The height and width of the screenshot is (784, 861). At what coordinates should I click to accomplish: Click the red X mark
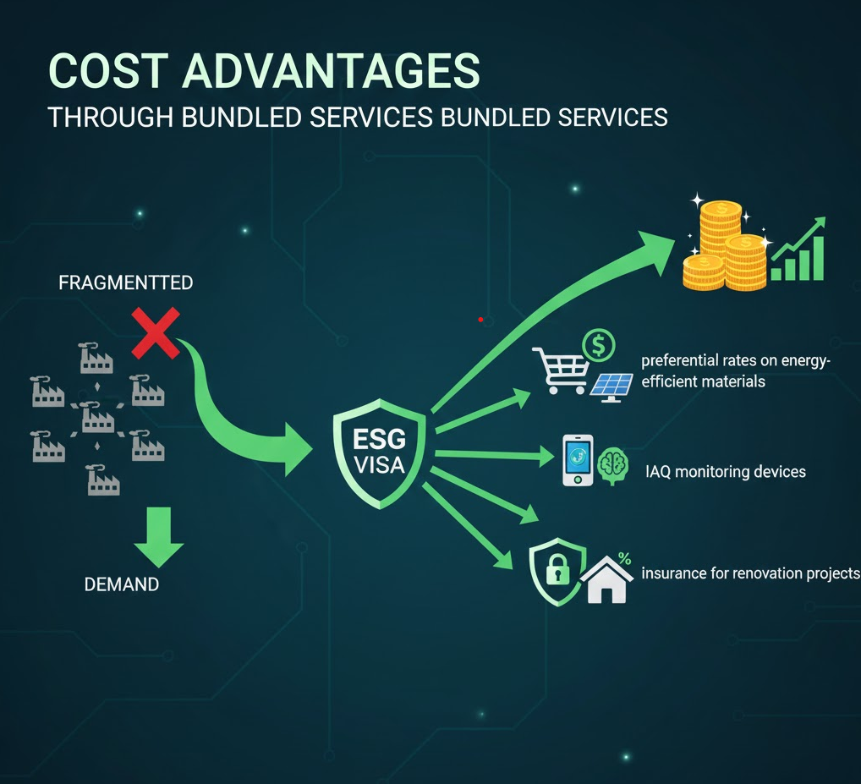pos(156,332)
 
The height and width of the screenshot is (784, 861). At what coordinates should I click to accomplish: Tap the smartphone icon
pos(578,461)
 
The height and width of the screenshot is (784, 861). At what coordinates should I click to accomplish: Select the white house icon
pos(606,581)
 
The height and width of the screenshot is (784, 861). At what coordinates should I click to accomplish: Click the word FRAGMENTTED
pos(126,282)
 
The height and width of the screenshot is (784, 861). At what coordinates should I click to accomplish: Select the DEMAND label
pos(122,584)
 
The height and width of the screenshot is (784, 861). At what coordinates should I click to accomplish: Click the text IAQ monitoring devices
pos(725,471)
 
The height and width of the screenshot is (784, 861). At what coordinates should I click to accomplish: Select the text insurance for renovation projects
pos(749,573)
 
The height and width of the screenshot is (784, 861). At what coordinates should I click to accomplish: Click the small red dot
pos(480,320)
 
